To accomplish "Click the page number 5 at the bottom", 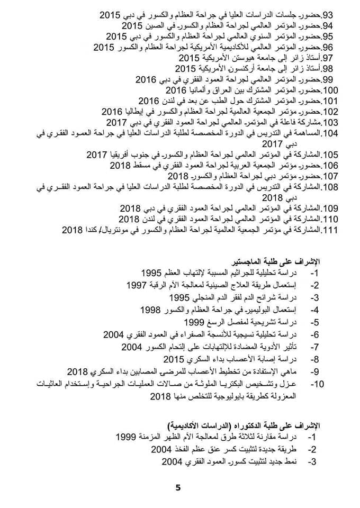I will [x=178, y=487].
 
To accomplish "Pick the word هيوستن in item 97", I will [x=231, y=57].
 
